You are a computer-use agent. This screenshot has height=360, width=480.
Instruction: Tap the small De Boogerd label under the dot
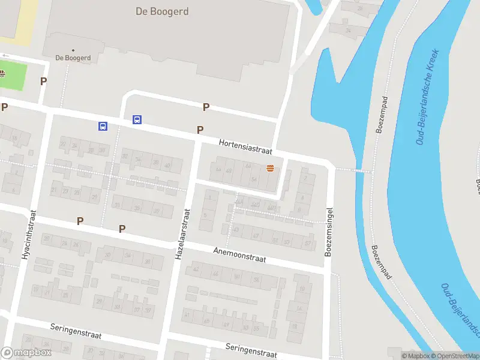click(x=73, y=58)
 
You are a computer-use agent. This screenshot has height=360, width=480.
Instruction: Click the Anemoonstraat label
click(x=239, y=254)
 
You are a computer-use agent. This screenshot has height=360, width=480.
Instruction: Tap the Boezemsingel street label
click(x=329, y=233)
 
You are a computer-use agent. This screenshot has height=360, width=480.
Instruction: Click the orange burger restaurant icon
click(x=271, y=169)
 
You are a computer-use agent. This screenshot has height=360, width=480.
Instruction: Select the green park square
click(x=13, y=76)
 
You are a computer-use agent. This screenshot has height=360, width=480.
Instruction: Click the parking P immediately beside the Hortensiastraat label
click(x=200, y=130)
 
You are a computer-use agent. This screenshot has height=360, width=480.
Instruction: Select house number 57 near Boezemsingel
click(x=308, y=243)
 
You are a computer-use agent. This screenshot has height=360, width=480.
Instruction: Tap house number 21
click(x=55, y=190)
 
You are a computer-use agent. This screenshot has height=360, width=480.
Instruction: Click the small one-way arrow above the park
click(x=6, y=55)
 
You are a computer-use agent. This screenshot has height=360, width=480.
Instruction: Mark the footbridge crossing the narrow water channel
click(x=353, y=170)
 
